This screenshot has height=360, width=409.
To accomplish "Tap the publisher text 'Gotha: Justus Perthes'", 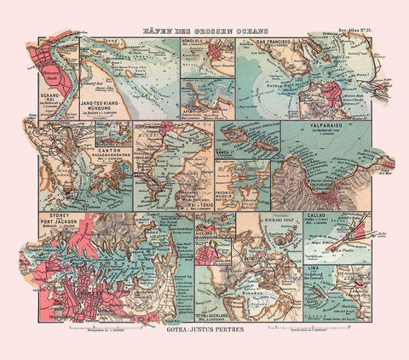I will pyautogui.click(x=204, y=324).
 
